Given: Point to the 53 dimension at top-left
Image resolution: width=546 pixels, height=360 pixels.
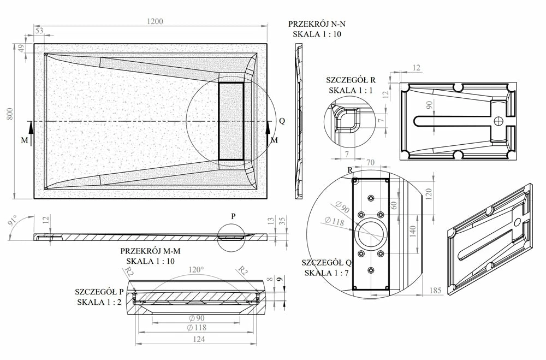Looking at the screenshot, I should coord(39,31).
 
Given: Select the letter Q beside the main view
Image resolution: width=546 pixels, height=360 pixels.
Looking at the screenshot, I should coord(282,121).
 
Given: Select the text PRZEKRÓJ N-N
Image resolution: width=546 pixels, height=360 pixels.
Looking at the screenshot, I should coord(317,24).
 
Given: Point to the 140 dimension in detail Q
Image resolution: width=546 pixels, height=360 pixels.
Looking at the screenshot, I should coord(413,230).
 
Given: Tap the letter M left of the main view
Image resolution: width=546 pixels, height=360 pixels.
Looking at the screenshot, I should coord(24,140).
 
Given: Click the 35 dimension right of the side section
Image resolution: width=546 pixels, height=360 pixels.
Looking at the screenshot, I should coord(283,221).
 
